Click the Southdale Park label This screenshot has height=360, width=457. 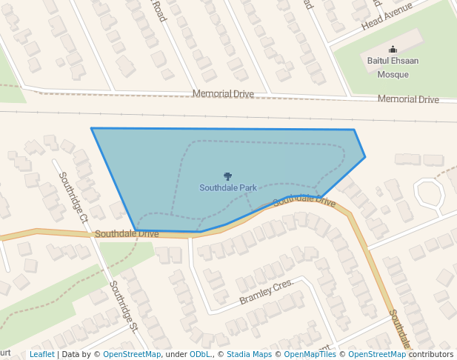228,188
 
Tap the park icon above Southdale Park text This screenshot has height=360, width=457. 228,177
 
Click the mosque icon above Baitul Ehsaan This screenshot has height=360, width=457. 393,50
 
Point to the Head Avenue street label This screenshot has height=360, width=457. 386,16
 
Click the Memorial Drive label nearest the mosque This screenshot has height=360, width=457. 408,99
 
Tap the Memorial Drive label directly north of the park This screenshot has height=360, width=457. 223,94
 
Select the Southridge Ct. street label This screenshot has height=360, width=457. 74,198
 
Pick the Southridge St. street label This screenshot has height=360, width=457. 124,305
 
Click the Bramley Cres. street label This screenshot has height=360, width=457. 267,293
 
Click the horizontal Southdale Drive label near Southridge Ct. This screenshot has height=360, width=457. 127,233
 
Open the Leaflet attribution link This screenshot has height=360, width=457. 41,354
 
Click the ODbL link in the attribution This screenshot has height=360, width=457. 200,354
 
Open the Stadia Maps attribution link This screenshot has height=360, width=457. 249,354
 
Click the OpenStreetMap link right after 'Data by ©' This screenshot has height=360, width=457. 132,354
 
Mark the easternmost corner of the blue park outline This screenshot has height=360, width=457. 365,156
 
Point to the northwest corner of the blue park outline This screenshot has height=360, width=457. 92,128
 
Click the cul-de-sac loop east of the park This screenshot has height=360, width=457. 428,194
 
